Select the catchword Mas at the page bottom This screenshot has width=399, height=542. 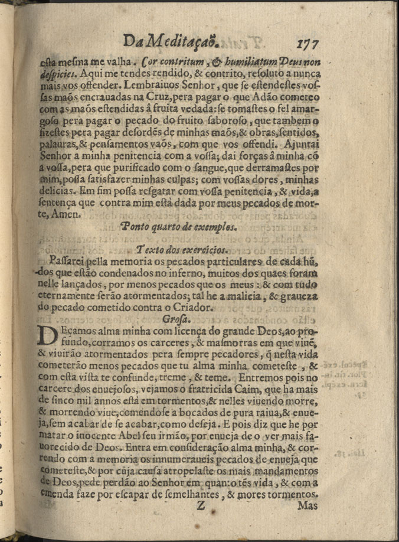tap(309, 506)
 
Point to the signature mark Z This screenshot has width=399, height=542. tap(199, 506)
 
